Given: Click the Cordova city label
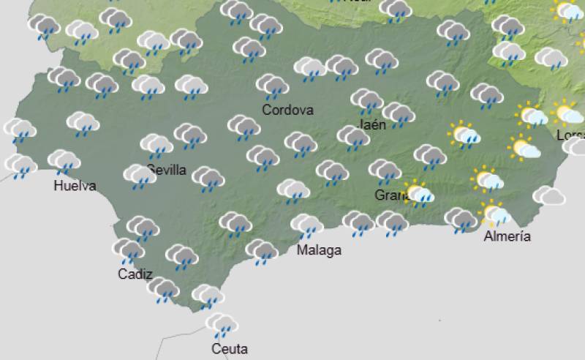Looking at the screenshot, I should (288, 110).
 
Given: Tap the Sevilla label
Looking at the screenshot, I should (167, 170).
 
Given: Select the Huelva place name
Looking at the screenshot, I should (75, 186).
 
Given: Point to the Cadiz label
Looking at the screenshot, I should (135, 274).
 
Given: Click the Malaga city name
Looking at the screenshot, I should (319, 250).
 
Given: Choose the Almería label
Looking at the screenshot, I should (507, 236).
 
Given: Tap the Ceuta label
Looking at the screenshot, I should (230, 348).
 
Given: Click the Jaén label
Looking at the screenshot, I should (373, 124).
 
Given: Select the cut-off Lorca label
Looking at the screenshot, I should (570, 135).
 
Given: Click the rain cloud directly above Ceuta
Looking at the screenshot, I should (220, 324).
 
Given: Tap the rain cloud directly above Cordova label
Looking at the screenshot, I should (272, 86).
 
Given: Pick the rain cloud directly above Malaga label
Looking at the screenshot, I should (306, 226).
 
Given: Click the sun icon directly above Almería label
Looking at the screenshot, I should (495, 214).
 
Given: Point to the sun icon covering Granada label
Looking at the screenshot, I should (419, 193).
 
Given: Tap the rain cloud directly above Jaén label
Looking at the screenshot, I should (366, 101).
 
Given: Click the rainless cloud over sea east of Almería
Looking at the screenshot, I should (548, 195).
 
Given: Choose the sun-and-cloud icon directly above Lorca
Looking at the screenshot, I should (567, 113).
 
